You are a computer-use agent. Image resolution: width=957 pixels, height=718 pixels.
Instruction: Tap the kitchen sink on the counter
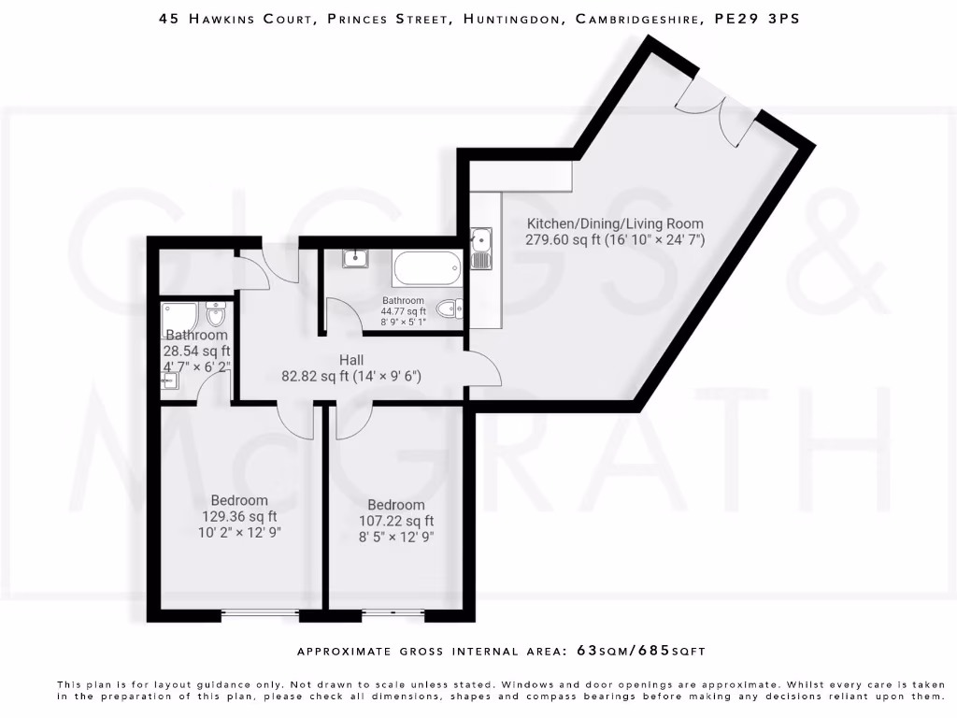point(482,248)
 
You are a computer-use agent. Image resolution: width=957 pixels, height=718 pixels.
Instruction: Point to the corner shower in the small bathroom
point(179,317)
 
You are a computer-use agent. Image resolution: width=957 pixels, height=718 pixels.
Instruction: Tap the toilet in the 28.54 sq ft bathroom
point(215,312)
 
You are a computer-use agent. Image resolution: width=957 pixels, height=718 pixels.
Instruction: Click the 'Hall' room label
point(351,360)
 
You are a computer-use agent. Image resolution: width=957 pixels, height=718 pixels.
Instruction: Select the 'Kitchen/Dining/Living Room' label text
point(615,223)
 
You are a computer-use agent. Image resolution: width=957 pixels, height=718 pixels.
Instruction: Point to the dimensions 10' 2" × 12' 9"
point(239,533)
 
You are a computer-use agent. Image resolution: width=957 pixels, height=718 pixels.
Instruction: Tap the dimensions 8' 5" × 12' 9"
point(396,538)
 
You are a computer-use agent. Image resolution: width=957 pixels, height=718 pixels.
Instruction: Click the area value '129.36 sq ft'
point(239,516)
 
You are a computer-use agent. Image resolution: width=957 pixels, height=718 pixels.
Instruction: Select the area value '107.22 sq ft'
point(396,521)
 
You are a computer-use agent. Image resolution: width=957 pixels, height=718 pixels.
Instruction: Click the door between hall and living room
point(484,368)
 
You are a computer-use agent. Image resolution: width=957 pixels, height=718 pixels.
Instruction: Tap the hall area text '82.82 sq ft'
point(319,377)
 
